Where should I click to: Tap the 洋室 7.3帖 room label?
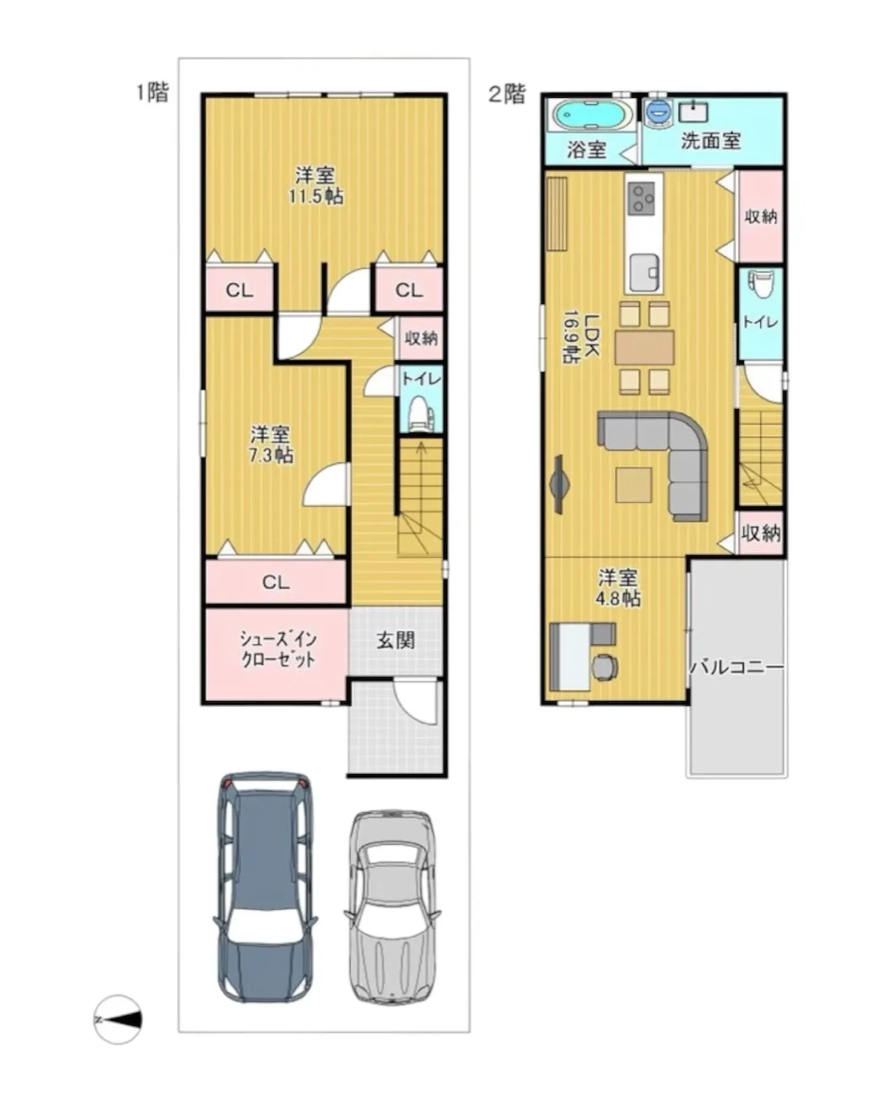coord(270,445)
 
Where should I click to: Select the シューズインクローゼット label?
coord(277,649)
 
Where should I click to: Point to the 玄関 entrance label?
coord(395,640)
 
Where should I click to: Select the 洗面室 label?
coord(710,141)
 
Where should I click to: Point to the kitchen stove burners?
coord(642,197)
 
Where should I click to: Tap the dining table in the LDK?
coord(644,347)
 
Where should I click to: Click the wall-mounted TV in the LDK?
coord(559,483)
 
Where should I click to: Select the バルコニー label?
coord(737,666)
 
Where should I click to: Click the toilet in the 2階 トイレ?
coord(760,285)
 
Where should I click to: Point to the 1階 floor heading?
coord(152,92)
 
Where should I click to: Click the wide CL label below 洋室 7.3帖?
coord(275,582)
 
